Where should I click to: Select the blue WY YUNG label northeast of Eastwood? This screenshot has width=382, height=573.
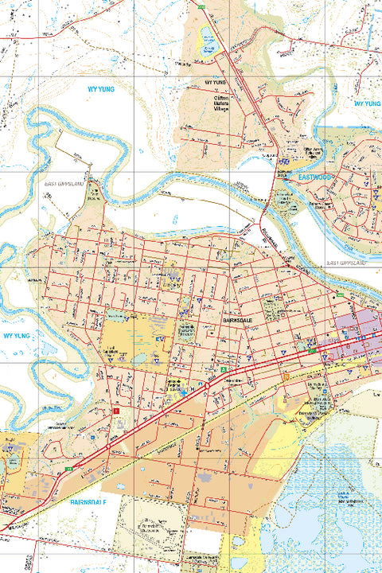(x=367, y=103)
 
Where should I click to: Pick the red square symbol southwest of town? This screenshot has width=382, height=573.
(x=116, y=410)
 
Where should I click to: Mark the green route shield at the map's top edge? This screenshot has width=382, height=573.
(x=202, y=6)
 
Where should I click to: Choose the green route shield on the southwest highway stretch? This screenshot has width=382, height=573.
(x=69, y=470)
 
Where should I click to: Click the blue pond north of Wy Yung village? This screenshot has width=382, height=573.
(x=208, y=35)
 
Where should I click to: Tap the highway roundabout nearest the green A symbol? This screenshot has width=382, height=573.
(x=207, y=386)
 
